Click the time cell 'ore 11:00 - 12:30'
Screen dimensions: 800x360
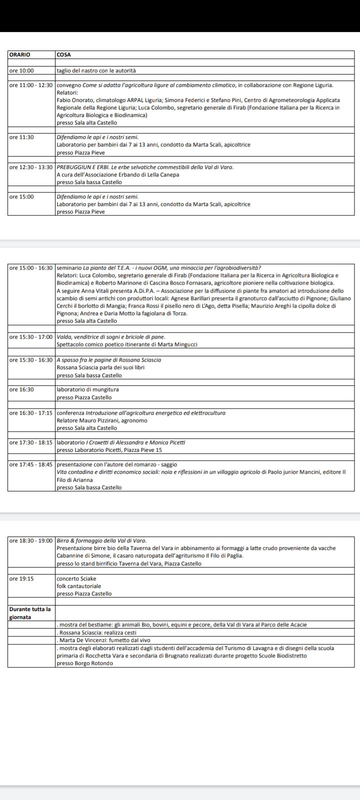pos(31,85)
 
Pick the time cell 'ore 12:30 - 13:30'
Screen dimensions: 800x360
pos(31,167)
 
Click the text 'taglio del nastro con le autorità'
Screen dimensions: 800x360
pos(96,71)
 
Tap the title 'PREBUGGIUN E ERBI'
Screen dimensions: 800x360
pos(83,167)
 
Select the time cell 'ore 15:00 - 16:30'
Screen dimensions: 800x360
pos(31,267)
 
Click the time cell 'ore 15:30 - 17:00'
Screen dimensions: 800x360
pos(31,337)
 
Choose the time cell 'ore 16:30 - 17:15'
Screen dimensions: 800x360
pos(31,413)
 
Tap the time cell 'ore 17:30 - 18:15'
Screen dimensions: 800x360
pos(31,442)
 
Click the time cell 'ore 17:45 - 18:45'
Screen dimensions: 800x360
pos(31,464)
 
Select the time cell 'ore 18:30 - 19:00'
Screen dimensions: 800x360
pos(31,540)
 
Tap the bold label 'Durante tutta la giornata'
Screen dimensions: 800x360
pos(30,613)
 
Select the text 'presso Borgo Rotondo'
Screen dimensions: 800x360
pos(84,663)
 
